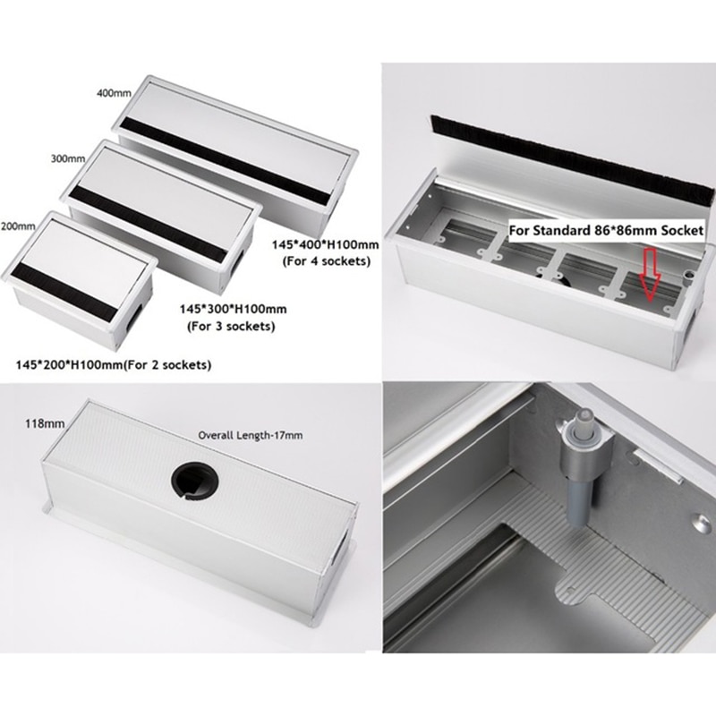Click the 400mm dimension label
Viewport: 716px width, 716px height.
114,92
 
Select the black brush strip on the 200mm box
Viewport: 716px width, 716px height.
67,285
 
